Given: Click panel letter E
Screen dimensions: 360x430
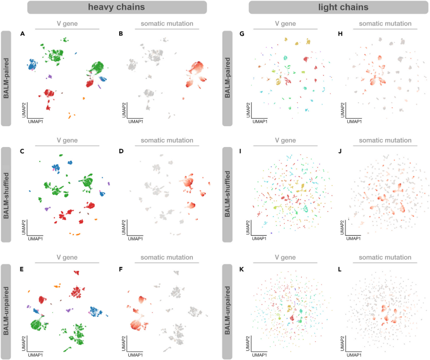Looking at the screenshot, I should pos(22,268).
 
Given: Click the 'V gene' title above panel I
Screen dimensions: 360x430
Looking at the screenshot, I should pos(286,140).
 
